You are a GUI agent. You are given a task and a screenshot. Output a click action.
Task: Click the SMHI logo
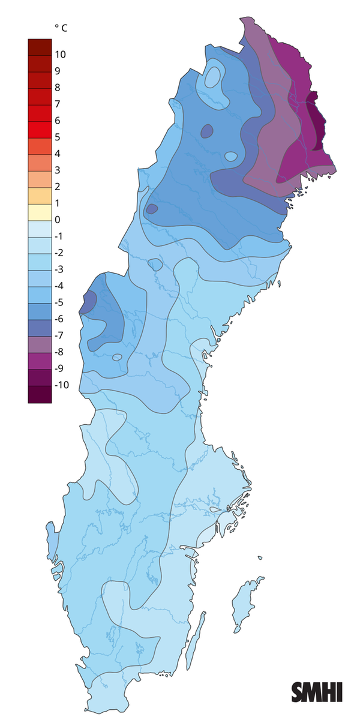point(317,692)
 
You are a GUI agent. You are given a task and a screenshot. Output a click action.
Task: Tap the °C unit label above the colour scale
point(61,28)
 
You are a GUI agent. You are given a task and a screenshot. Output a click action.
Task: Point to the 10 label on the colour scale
point(61,55)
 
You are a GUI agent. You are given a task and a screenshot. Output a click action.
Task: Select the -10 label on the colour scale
point(62,385)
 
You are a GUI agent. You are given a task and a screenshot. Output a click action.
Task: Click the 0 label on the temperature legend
point(58,220)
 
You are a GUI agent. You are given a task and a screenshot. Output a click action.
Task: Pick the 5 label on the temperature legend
point(58,137)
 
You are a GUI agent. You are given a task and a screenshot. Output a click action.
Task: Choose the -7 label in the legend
point(60,335)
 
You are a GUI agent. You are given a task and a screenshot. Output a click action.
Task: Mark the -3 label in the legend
point(60,269)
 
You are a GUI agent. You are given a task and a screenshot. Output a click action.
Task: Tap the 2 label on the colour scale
point(58,187)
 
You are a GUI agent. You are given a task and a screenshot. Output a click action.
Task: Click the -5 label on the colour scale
point(60,302)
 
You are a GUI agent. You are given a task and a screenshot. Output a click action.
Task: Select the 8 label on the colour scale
point(58,88)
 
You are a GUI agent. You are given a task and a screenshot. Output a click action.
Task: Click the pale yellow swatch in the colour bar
point(40,212)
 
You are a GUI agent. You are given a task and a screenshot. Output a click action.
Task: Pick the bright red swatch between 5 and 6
point(40,129)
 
